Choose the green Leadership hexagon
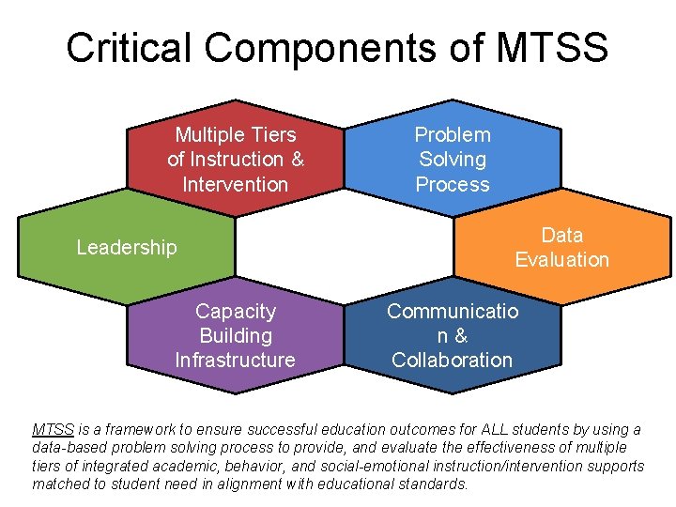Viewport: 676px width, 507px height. (127, 247)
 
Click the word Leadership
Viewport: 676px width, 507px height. (127, 248)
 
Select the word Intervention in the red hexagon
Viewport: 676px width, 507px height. (235, 185)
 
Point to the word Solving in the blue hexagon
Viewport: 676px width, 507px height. (453, 160)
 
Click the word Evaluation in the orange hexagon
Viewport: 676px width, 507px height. (561, 260)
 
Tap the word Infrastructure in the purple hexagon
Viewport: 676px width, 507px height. (235, 361)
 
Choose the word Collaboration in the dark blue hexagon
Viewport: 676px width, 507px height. (453, 361)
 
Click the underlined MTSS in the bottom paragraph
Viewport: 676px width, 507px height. (54, 430)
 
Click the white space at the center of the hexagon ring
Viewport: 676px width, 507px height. (344, 246)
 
